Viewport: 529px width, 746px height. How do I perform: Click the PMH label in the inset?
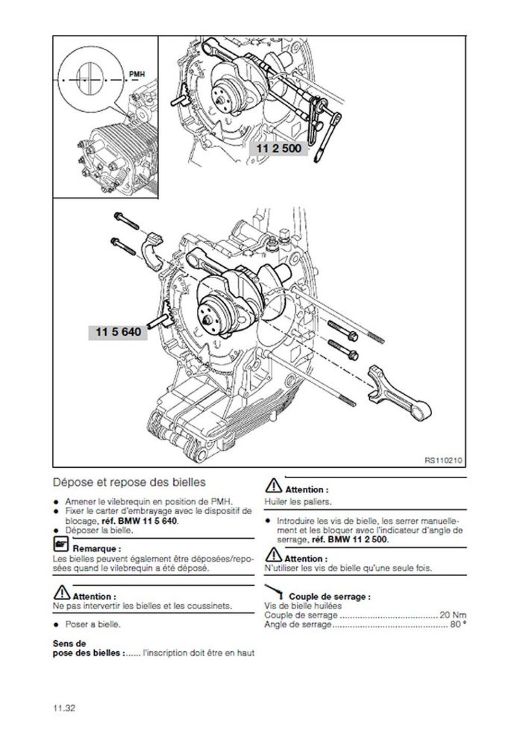[136, 75]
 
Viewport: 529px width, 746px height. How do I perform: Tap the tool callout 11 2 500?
[279, 149]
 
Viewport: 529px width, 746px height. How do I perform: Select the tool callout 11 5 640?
[118, 332]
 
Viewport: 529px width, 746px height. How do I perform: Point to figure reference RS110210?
[443, 461]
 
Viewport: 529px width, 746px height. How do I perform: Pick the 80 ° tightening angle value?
[458, 625]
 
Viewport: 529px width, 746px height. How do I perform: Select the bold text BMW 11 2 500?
[357, 540]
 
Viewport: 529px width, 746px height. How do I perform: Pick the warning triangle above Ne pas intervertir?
[61, 593]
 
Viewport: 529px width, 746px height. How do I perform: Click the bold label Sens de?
[69, 644]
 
